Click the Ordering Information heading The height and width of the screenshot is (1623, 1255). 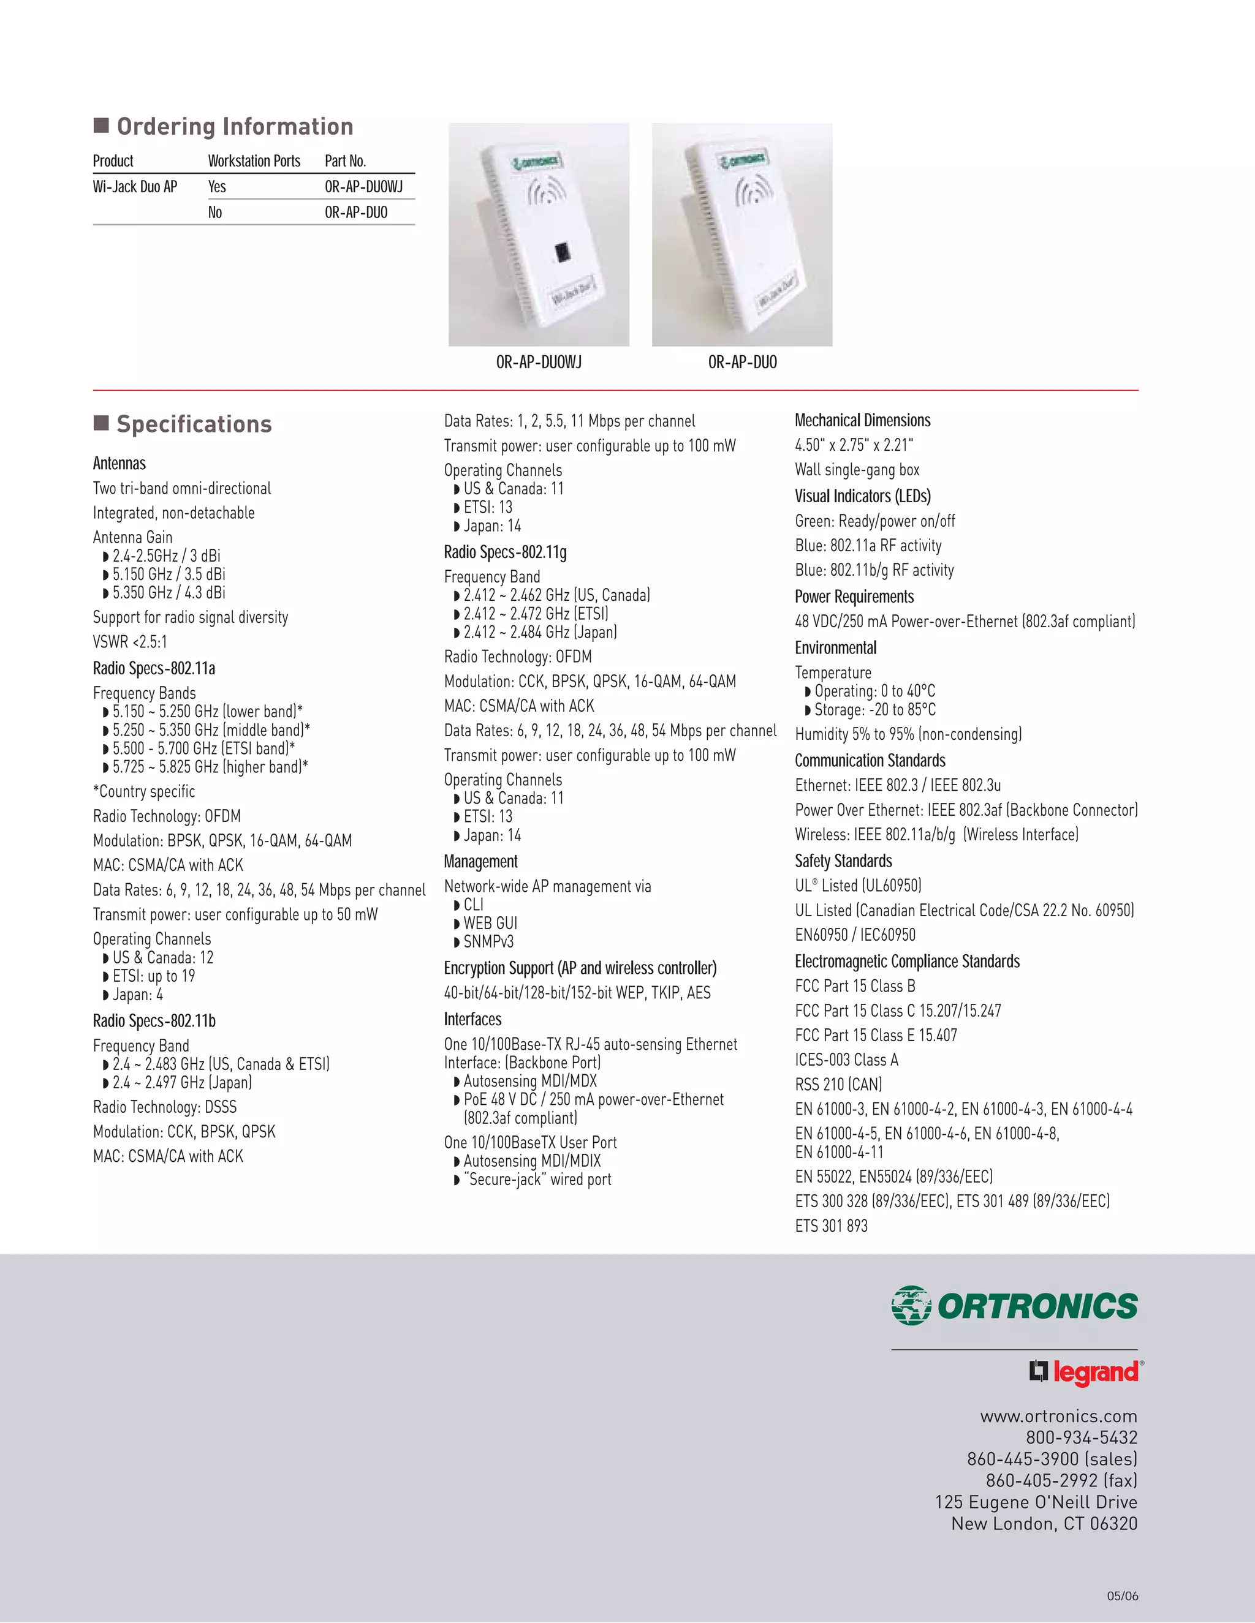(x=234, y=126)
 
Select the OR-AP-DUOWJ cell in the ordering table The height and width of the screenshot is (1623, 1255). (x=363, y=187)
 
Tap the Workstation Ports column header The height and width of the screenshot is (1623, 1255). (x=254, y=160)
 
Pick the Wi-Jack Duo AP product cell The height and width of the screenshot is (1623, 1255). (x=135, y=187)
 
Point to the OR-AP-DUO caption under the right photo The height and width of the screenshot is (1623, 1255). (x=742, y=362)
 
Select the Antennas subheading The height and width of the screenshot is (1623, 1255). (x=119, y=463)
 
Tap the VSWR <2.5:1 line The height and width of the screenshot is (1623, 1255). (x=130, y=641)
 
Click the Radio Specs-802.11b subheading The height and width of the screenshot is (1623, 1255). (x=154, y=1020)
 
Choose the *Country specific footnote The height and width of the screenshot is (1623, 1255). (x=143, y=791)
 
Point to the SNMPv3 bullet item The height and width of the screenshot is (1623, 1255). (x=488, y=941)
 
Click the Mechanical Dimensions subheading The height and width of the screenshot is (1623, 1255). (x=862, y=420)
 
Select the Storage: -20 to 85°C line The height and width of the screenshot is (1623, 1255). (x=874, y=709)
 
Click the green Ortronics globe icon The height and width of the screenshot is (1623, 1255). (x=911, y=1305)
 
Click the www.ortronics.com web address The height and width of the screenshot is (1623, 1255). (x=1058, y=1417)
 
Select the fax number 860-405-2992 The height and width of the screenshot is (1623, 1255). (x=1061, y=1480)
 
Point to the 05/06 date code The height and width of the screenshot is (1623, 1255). (x=1122, y=1595)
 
